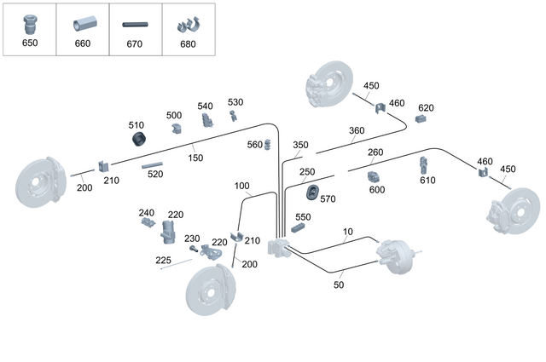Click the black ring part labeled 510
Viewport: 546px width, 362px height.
pyautogui.click(x=139, y=139)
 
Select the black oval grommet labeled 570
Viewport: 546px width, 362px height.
pyautogui.click(x=313, y=192)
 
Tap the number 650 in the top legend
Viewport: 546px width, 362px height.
pyautogui.click(x=30, y=43)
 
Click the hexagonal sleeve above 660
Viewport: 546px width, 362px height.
pyautogui.click(x=85, y=24)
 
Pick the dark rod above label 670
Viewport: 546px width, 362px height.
pyautogui.click(x=135, y=25)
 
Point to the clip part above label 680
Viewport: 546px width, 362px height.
pyautogui.click(x=189, y=25)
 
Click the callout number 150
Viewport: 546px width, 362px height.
pyautogui.click(x=195, y=158)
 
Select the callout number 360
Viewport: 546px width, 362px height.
pyautogui.click(x=357, y=131)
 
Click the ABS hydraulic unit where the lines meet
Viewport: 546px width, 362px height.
pyautogui.click(x=279, y=247)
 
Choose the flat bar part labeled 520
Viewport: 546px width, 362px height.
pyautogui.click(x=153, y=165)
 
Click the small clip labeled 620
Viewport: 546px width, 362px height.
pyautogui.click(x=421, y=119)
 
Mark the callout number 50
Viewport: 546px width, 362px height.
pyautogui.click(x=339, y=284)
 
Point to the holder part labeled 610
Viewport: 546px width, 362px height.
pyautogui.click(x=423, y=165)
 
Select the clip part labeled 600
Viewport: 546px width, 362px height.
pyautogui.click(x=373, y=177)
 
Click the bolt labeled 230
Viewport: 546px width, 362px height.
pyautogui.click(x=194, y=248)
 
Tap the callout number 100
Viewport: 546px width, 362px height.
pyautogui.click(x=241, y=186)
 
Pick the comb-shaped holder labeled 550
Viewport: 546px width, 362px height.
pyautogui.click(x=298, y=227)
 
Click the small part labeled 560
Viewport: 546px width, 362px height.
pyautogui.click(x=267, y=144)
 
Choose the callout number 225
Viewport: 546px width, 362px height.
pyautogui.click(x=163, y=260)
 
